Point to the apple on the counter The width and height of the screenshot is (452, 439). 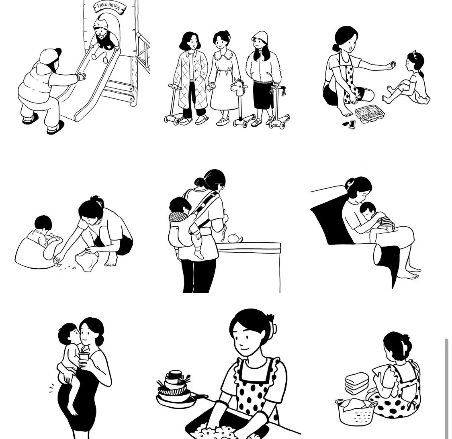[233, 238]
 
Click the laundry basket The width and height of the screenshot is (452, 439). [356, 412]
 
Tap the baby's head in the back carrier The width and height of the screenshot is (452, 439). [180, 205]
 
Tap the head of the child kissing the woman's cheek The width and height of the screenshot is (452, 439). [67, 333]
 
